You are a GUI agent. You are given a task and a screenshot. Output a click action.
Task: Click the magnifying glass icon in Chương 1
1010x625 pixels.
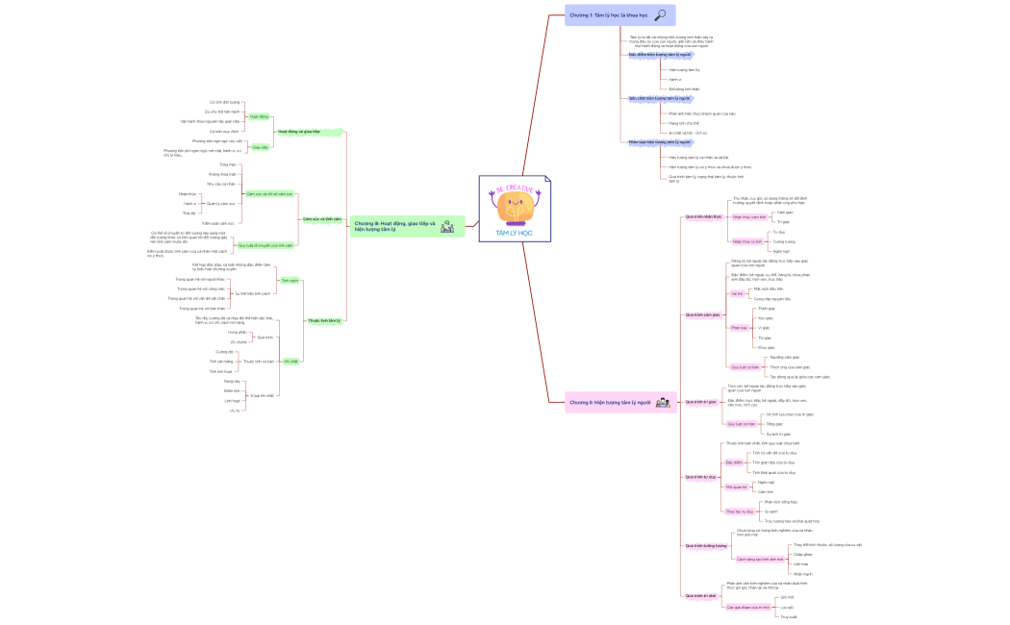[660, 14]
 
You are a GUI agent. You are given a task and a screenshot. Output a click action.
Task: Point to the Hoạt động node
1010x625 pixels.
[259, 116]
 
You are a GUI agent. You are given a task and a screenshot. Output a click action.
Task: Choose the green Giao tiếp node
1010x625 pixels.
[260, 147]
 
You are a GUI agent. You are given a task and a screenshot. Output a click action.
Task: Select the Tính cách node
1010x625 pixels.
[289, 280]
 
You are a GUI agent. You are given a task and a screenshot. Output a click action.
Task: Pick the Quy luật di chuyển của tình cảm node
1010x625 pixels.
[265, 245]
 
